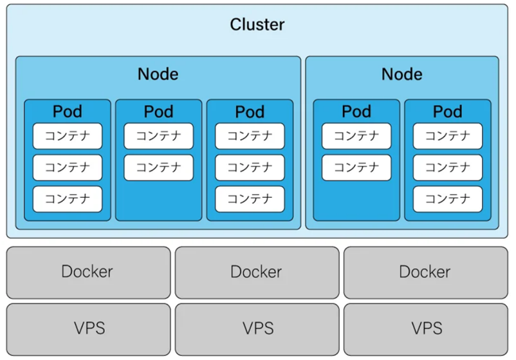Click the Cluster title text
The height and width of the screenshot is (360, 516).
pyautogui.click(x=257, y=25)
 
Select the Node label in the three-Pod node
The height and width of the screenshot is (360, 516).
pyautogui.click(x=158, y=74)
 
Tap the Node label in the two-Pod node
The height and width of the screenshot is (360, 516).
pyautogui.click(x=401, y=74)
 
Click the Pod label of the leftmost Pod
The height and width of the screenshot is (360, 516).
pyautogui.click(x=68, y=111)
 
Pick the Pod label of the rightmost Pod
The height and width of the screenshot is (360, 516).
pyautogui.click(x=447, y=111)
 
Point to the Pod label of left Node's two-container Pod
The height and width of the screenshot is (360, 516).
pyautogui.click(x=158, y=111)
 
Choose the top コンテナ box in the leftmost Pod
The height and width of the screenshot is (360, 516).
pyautogui.click(x=68, y=136)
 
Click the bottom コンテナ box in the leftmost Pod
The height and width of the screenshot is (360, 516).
pyautogui.click(x=68, y=199)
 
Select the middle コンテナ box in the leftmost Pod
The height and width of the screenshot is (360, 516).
pyautogui.click(x=68, y=167)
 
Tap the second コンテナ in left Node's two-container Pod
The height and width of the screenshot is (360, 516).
pyautogui.click(x=158, y=167)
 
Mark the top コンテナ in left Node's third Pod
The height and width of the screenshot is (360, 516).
pyautogui.click(x=250, y=136)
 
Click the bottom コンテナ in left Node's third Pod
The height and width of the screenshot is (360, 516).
pyautogui.click(x=250, y=199)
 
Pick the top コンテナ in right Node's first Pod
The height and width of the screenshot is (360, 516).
pyautogui.click(x=356, y=136)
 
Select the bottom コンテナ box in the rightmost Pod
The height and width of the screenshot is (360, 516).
pyautogui.click(x=447, y=199)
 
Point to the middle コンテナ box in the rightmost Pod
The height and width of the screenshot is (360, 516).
pyautogui.click(x=447, y=167)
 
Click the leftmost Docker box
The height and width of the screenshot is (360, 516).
pyautogui.click(x=88, y=272)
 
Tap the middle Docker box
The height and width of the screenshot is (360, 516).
pyautogui.click(x=257, y=272)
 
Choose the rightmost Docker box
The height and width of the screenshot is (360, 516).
pyautogui.click(x=425, y=272)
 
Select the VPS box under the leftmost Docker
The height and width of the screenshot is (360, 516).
pyautogui.click(x=88, y=329)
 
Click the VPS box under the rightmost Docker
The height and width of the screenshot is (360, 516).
pyautogui.click(x=425, y=329)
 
